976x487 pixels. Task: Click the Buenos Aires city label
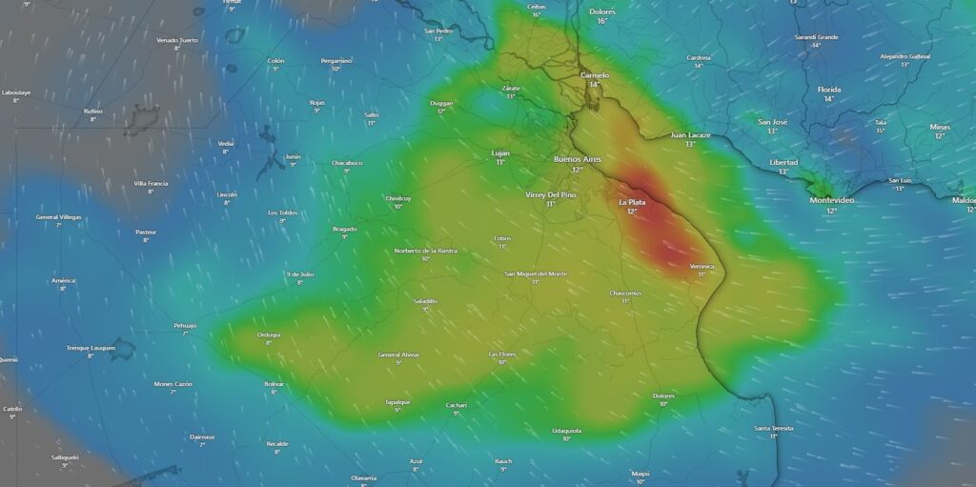(577, 159)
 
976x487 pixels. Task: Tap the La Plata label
(632, 202)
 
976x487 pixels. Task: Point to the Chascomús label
(625, 293)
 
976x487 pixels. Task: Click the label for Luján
(500, 152)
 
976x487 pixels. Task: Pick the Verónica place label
(701, 266)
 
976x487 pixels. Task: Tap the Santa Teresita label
(774, 428)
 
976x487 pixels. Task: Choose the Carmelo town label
(595, 75)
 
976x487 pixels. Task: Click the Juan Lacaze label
(690, 135)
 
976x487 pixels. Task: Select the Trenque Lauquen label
(91, 348)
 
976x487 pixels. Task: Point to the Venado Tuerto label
(177, 40)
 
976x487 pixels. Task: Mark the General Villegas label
(59, 217)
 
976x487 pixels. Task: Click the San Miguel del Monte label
(536, 274)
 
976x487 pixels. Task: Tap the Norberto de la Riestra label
(425, 251)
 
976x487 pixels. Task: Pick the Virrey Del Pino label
(551, 194)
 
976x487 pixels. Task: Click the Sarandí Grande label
(816, 37)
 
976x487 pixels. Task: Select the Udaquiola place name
(566, 430)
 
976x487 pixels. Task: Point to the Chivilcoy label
(398, 198)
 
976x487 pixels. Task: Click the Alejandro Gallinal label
(905, 56)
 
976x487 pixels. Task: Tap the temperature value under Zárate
(511, 96)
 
